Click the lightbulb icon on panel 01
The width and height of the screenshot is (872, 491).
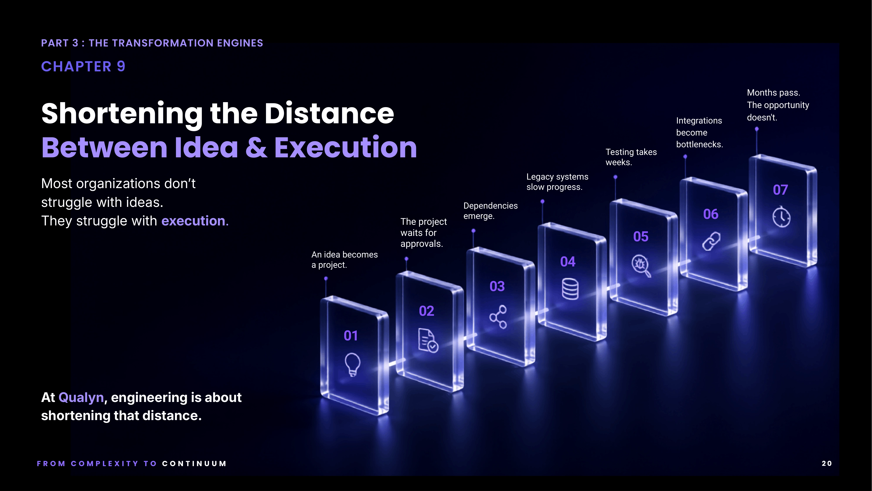(352, 364)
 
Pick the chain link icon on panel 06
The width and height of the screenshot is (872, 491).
(711, 241)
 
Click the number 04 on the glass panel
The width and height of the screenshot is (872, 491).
(568, 262)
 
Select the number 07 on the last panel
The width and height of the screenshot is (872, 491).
(780, 190)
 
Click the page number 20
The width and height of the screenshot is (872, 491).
(827, 463)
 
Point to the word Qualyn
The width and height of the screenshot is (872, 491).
(81, 397)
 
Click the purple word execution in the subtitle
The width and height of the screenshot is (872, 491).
(193, 221)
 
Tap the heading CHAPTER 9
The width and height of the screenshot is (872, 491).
(83, 66)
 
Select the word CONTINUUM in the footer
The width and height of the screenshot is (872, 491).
(194, 463)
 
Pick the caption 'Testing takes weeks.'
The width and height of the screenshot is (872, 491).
(631, 157)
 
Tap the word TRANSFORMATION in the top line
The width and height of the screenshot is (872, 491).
(163, 43)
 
